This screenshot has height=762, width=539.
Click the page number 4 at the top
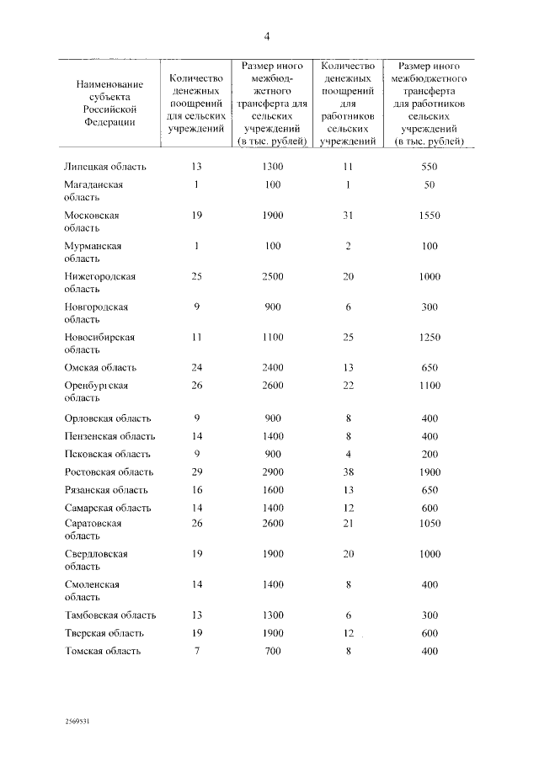tap(267, 35)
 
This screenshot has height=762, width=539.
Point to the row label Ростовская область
tap(109, 472)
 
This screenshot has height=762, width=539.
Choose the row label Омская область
tap(100, 368)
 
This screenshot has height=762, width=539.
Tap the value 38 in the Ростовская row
tap(349, 472)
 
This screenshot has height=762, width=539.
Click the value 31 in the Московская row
tap(349, 216)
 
